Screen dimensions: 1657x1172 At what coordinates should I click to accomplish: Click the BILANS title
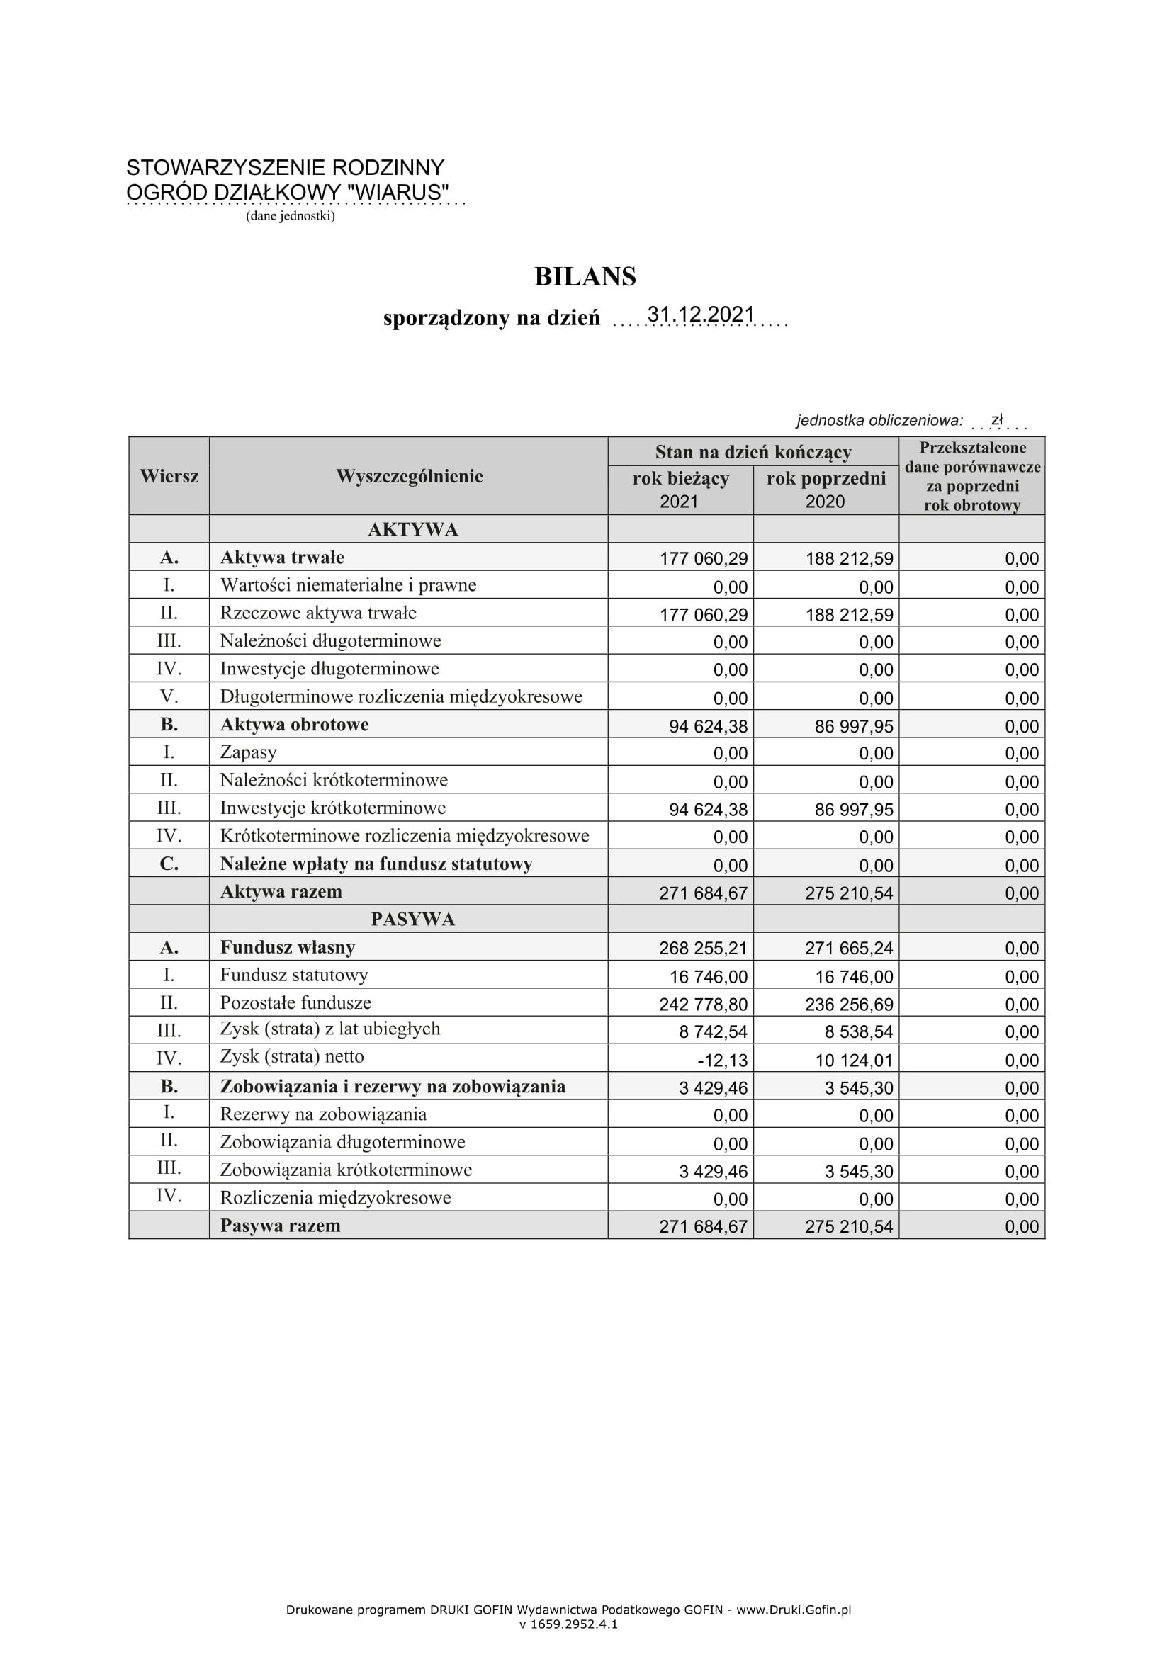coord(585,277)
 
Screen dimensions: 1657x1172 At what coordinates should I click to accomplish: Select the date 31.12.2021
coord(700,315)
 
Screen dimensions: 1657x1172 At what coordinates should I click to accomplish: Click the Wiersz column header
coord(169,476)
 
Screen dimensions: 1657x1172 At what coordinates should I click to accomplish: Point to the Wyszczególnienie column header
coord(409,476)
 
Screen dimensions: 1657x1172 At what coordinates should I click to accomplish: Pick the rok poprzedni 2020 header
coord(826,490)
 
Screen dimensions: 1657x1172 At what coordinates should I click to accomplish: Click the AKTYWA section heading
coord(413,530)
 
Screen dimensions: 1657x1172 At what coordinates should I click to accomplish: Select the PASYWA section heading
coord(413,920)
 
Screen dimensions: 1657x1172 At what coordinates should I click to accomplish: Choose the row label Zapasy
coord(248,753)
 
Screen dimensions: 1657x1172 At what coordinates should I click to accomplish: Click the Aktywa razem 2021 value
coord(703,893)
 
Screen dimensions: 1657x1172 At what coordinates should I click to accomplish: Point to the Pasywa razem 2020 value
coord(849,1226)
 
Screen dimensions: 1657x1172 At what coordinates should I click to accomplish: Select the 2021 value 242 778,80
coord(703,1005)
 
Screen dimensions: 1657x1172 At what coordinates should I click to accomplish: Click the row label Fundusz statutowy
coord(294,975)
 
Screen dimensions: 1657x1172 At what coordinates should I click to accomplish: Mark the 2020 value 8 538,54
coord(859,1032)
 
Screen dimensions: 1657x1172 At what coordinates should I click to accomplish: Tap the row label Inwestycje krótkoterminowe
coord(333,808)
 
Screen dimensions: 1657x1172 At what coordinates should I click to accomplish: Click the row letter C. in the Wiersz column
coord(169,864)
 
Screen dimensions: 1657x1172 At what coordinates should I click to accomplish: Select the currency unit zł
coord(997,420)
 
